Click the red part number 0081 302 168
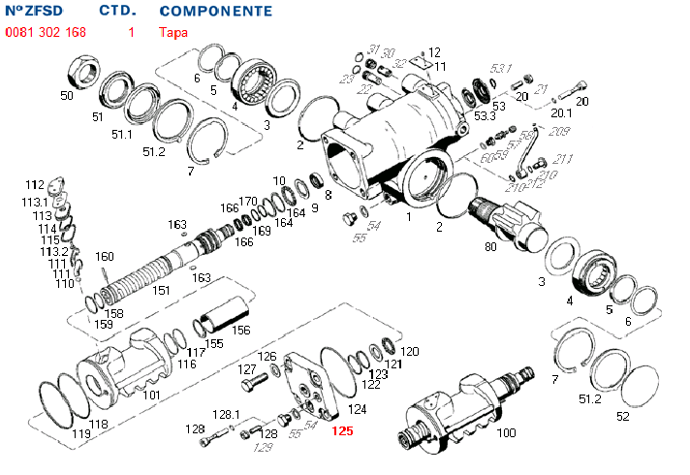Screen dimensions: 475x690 (46, 32)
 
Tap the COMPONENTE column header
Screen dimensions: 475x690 (215, 12)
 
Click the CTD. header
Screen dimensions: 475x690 (117, 12)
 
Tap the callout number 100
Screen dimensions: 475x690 (506, 432)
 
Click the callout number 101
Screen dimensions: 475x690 (151, 395)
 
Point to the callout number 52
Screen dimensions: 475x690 (622, 416)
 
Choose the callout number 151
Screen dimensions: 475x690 (162, 290)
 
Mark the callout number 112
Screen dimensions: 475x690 (35, 184)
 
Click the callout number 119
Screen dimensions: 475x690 (81, 434)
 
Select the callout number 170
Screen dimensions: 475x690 (248, 201)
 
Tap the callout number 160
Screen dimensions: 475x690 (105, 257)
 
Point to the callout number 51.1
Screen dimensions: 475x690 (121, 134)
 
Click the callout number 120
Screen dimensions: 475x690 (410, 351)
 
